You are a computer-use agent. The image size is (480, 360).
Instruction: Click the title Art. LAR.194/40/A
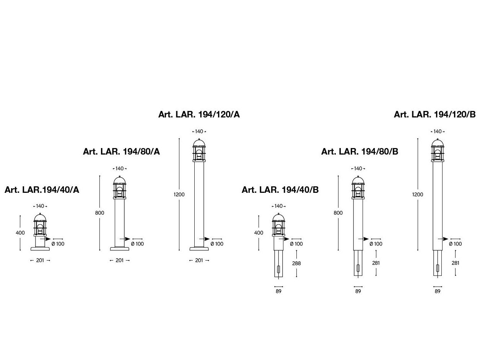point(42,190)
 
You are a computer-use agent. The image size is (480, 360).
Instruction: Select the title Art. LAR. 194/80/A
point(121,151)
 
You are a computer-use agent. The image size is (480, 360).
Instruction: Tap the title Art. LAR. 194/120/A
point(199,114)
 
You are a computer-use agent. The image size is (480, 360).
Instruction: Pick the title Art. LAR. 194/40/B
point(280,190)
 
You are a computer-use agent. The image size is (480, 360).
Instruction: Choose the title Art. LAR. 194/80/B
point(360,151)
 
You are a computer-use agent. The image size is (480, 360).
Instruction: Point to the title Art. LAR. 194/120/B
point(435,114)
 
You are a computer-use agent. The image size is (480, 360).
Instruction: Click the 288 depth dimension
point(296,263)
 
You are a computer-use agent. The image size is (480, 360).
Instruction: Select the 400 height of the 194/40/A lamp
point(20,233)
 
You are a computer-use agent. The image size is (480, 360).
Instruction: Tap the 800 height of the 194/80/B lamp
point(338,213)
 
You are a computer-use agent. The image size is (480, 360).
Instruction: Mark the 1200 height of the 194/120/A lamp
point(179,194)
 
